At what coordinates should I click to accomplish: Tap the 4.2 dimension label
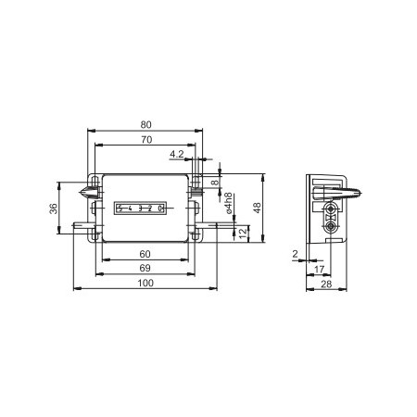(176, 154)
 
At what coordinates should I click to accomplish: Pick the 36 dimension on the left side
(53, 208)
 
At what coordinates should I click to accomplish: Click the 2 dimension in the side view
(296, 253)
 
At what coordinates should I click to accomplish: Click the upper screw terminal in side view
(331, 210)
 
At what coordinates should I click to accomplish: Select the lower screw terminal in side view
(331, 224)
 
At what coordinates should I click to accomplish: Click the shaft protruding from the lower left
(79, 223)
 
